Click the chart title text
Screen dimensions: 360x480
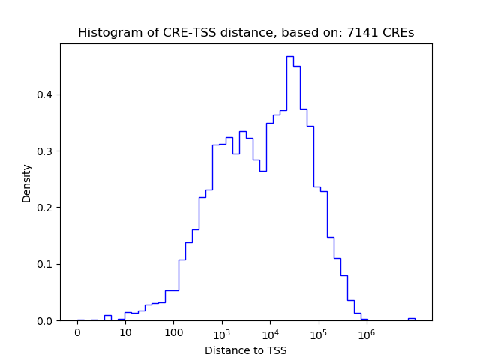click(x=245, y=33)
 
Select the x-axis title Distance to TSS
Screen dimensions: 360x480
click(x=245, y=349)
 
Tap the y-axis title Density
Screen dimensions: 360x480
click(x=27, y=183)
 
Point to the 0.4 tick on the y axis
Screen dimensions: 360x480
click(x=46, y=94)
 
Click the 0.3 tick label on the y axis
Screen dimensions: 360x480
click(x=46, y=151)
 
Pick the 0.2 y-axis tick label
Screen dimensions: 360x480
click(x=46, y=208)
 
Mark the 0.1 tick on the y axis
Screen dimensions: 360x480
click(x=46, y=264)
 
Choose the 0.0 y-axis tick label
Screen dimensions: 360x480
click(x=46, y=321)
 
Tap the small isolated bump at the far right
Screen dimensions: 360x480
click(x=411, y=319)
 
